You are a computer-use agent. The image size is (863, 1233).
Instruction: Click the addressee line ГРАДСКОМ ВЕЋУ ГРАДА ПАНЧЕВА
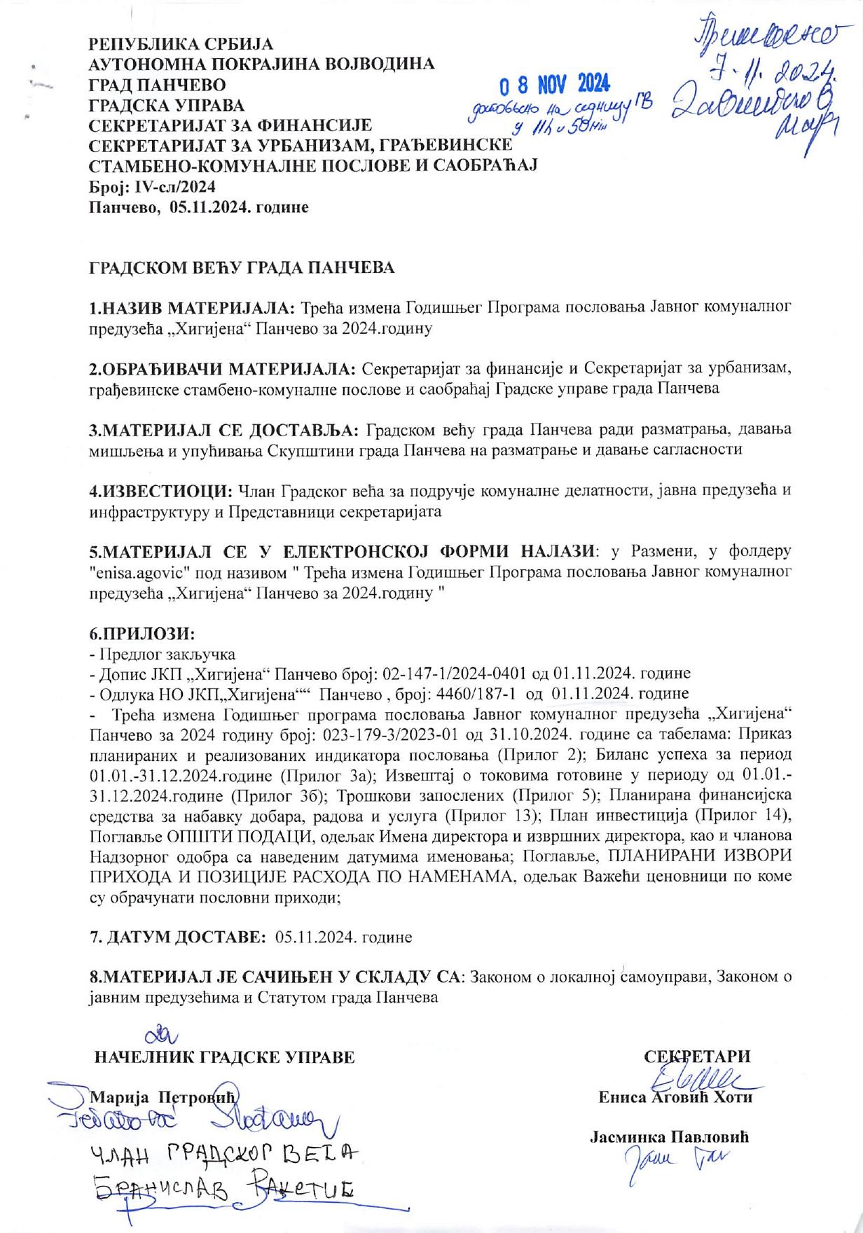click(242, 268)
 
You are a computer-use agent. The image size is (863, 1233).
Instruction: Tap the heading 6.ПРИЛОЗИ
click(141, 634)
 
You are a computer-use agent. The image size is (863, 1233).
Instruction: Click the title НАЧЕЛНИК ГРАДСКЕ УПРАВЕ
click(224, 1057)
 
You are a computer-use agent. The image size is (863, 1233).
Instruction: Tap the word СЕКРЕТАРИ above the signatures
click(697, 1057)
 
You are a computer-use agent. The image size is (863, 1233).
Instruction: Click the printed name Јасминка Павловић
click(670, 1137)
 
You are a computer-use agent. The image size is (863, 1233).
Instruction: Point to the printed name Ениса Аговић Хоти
click(675, 1097)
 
